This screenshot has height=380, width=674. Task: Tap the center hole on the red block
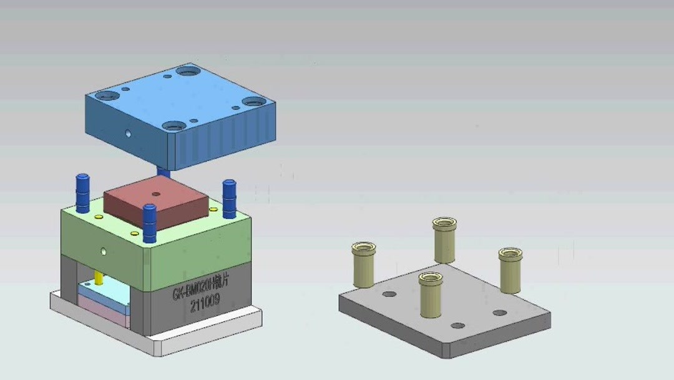(156, 194)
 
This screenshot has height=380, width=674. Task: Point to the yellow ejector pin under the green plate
(99, 276)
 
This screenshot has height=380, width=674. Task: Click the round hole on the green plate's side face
(104, 252)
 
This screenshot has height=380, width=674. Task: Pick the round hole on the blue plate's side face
(128, 133)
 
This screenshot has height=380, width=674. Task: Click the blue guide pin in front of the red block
(149, 223)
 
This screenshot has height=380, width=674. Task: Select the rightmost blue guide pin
(229, 198)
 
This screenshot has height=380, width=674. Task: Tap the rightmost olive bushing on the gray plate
(510, 269)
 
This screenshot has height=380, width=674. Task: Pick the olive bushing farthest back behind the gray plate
(444, 239)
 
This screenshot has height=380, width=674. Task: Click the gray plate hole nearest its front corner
(458, 326)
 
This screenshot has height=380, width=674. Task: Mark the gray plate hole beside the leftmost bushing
(389, 294)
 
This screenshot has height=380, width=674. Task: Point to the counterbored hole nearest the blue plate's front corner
(175, 126)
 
